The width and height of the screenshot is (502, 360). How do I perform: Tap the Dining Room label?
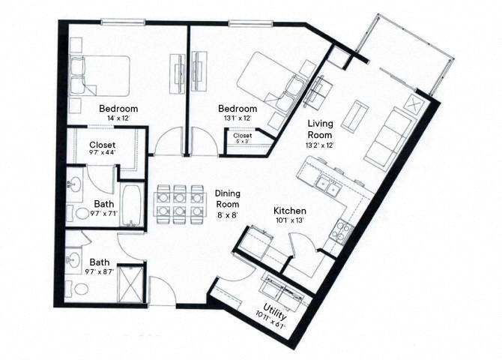pyautogui.click(x=228, y=198)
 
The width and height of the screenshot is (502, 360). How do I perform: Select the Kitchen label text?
pyautogui.click(x=289, y=211)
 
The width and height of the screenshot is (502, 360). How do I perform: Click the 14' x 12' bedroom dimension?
pyautogui.click(x=118, y=118)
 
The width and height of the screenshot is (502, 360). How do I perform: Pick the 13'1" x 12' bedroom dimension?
pyautogui.click(x=238, y=118)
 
